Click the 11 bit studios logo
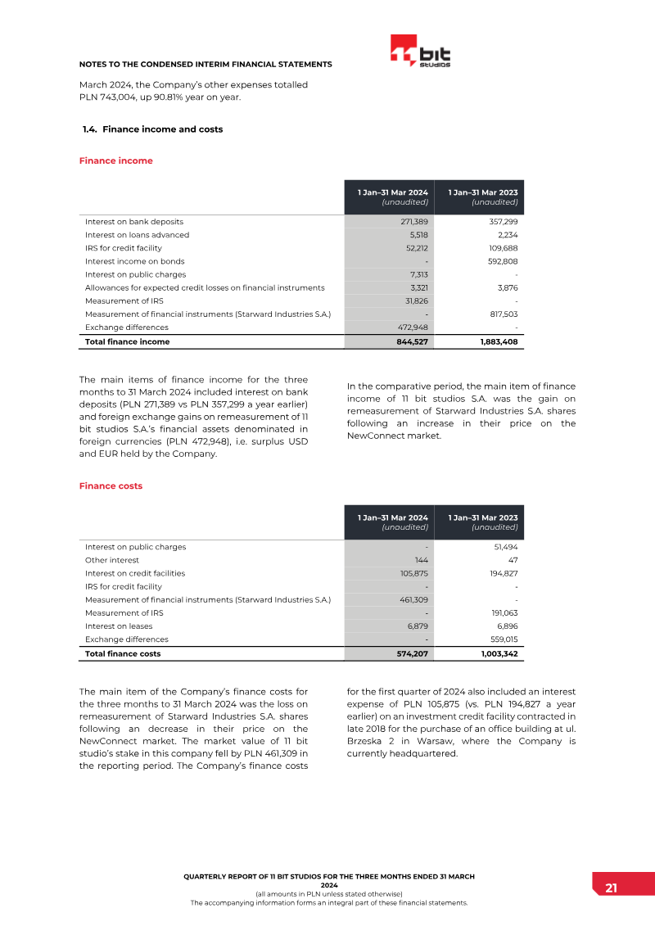point(420,52)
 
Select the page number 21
point(611,888)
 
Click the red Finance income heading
point(115,160)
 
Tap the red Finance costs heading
point(111,486)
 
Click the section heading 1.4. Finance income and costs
point(152,129)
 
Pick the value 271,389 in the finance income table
point(413,222)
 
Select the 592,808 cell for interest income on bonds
point(502,261)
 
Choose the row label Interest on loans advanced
point(137,235)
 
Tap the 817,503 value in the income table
point(502,314)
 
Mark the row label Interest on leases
point(119,626)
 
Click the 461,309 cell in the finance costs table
point(413,599)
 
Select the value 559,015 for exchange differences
point(503,639)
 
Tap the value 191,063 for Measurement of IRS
point(503,613)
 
